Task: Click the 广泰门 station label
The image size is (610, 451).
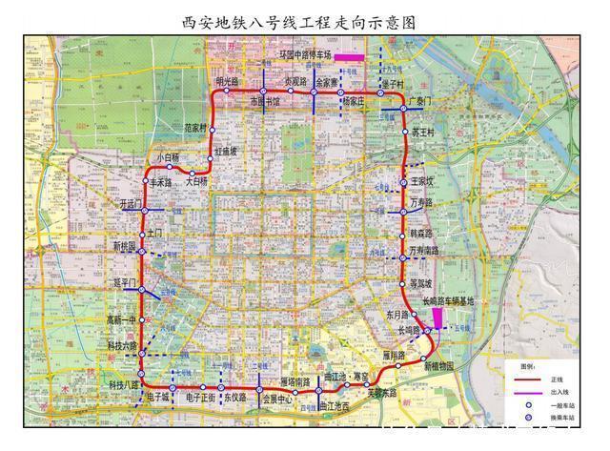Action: coord(419,100)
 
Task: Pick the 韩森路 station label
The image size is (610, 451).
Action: coord(421,233)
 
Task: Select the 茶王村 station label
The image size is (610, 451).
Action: coord(424,132)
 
